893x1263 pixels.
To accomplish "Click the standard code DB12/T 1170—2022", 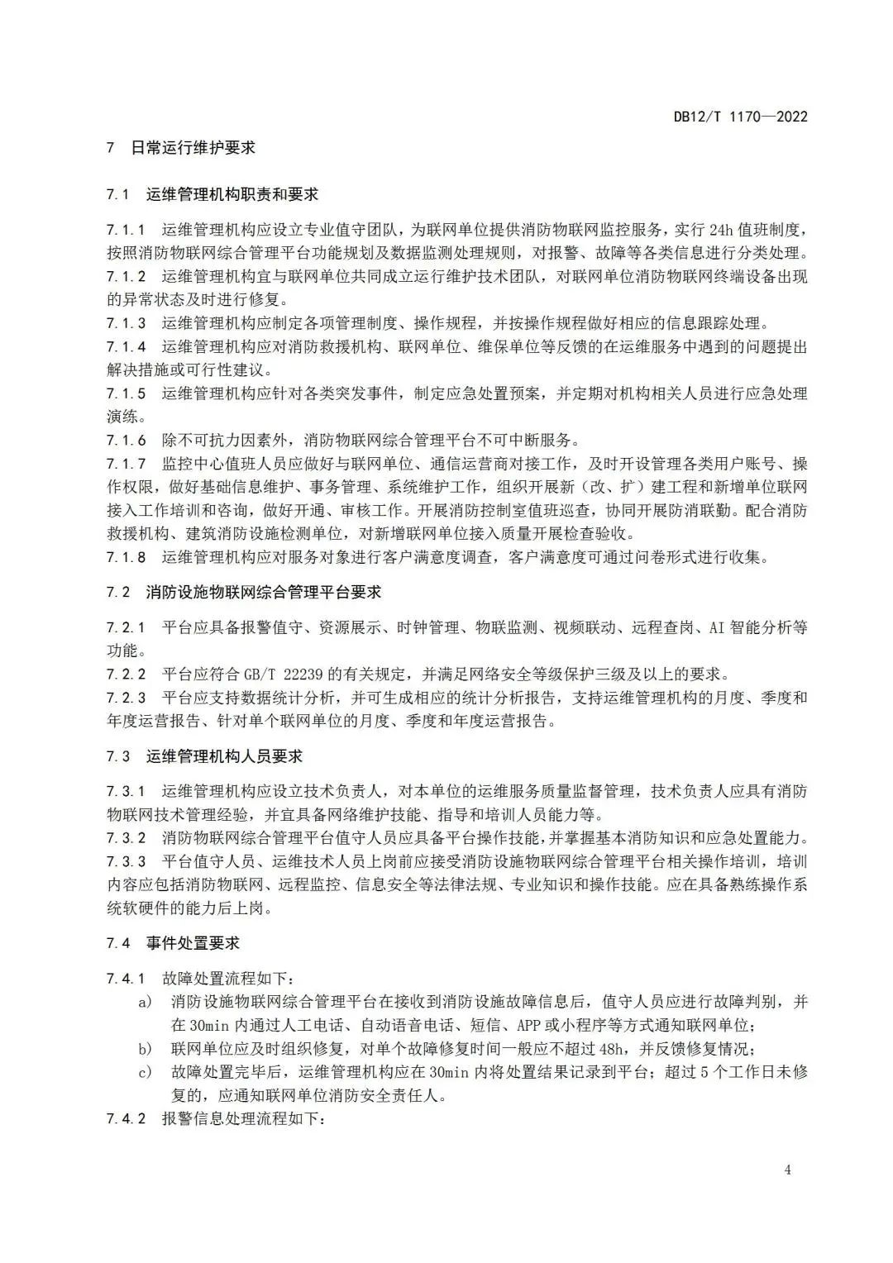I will pos(740,117).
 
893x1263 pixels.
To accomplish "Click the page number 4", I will pos(787,1170).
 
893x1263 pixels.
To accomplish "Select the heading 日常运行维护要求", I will pos(193,148).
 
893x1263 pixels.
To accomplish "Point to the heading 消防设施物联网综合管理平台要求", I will pos(264,592).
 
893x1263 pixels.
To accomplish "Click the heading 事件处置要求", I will pos(193,943).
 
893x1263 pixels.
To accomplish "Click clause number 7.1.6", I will pos(126,440).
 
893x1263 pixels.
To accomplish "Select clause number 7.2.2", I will pos(126,674).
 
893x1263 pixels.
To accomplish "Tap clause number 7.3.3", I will pos(126,862).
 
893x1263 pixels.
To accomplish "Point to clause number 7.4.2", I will pos(126,1119).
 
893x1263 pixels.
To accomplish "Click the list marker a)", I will pos(146,1003).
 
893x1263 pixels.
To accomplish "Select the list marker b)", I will pos(146,1050).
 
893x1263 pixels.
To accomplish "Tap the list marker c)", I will pos(146,1073).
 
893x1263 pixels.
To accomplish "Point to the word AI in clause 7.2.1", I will pos(717,628).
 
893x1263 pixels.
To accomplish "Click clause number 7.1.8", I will pos(126,557).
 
